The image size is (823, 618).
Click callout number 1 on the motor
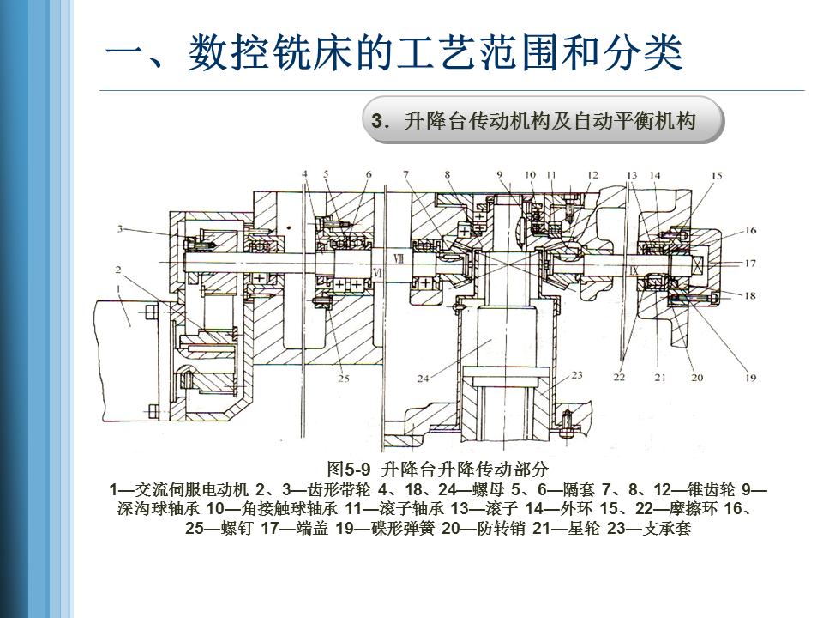point(127,319)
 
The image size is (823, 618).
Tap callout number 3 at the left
point(123,229)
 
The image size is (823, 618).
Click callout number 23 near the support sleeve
point(577,374)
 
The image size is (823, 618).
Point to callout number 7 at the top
point(405,175)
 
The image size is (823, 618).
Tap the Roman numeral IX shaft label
point(634,269)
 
